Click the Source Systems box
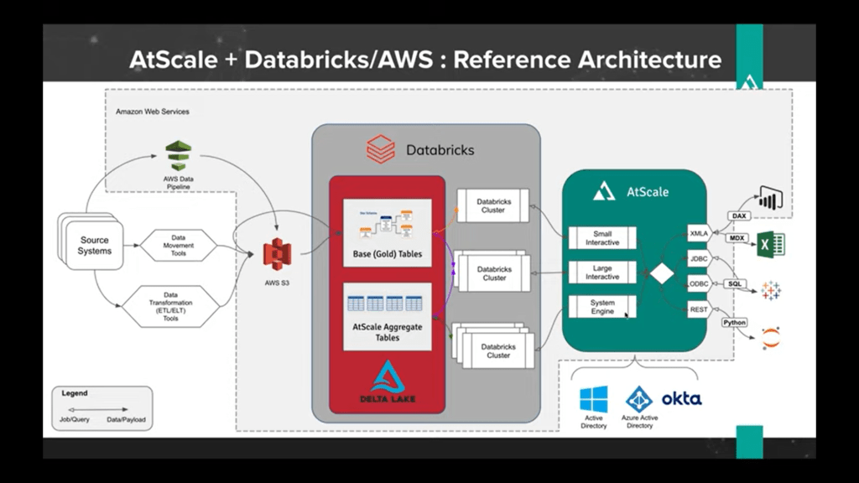click(x=94, y=245)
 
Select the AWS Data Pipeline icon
click(x=178, y=156)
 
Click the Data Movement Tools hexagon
click(x=178, y=245)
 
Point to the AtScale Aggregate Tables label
click(x=387, y=331)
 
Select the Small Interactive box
click(x=602, y=237)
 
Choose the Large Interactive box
click(x=602, y=272)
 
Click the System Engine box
click(x=602, y=307)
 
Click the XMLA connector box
click(x=699, y=232)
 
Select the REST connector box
click(x=699, y=310)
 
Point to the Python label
click(x=734, y=322)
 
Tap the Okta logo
click(x=681, y=398)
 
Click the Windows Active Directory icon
click(x=593, y=398)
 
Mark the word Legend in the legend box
click(x=74, y=392)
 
